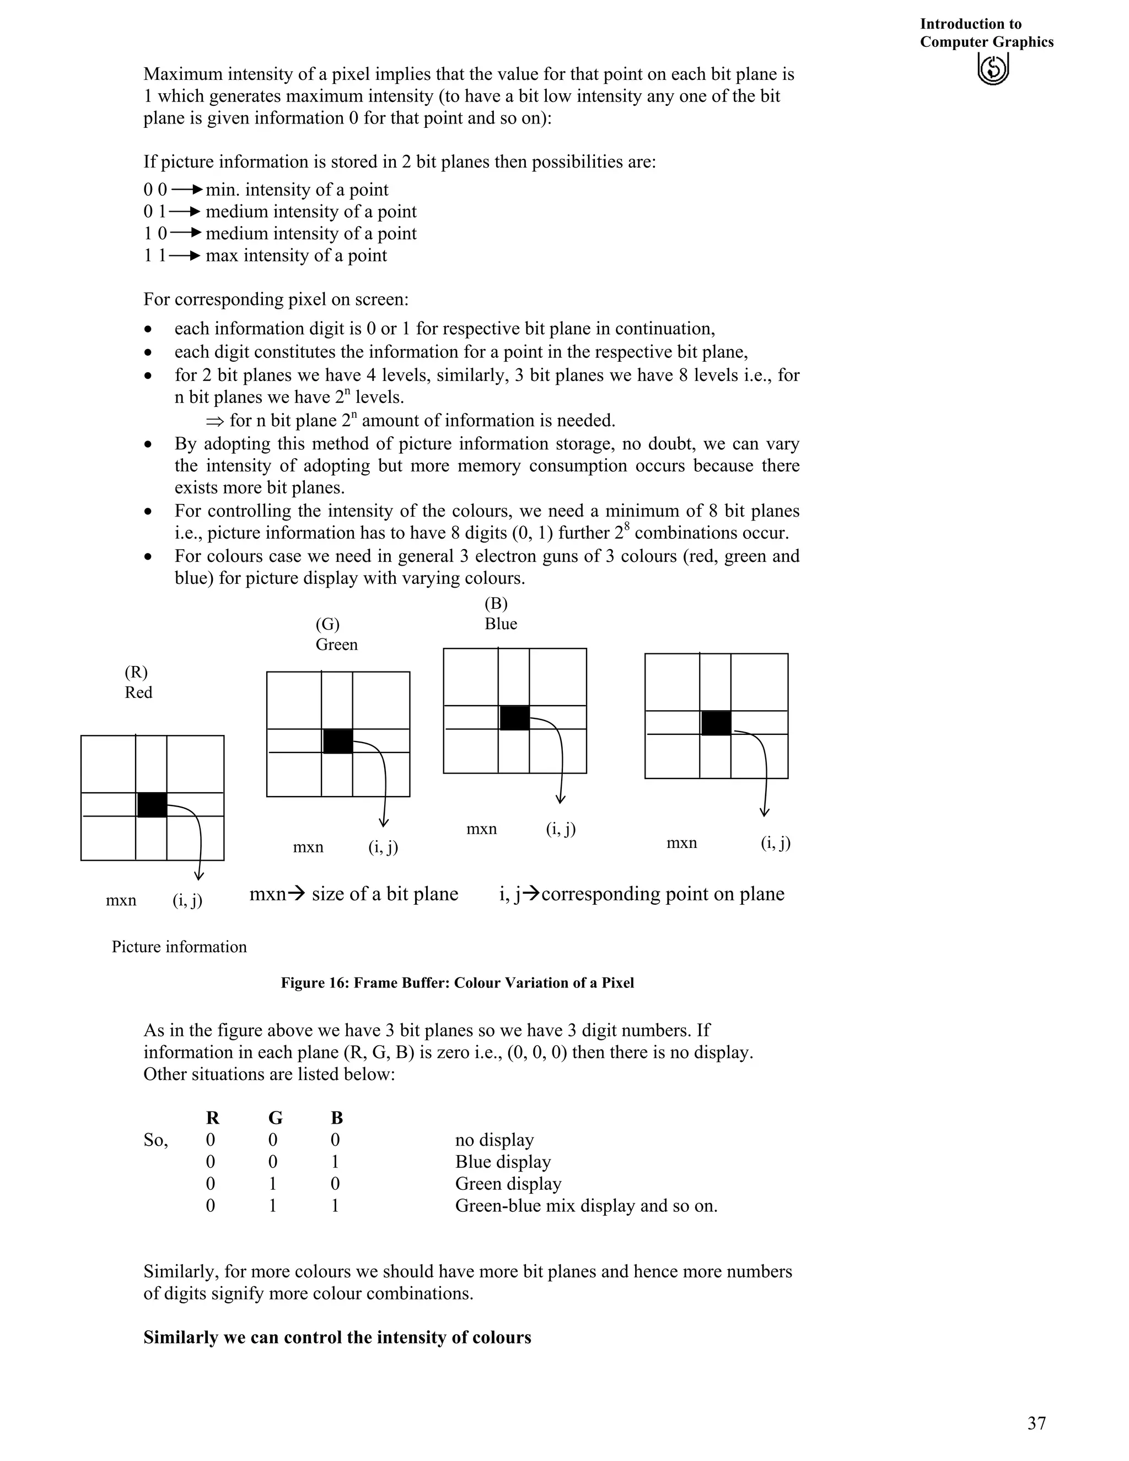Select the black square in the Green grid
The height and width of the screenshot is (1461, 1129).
pos(338,741)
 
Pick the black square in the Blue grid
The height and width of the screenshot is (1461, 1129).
pos(514,718)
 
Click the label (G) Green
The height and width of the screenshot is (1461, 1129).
pos(336,634)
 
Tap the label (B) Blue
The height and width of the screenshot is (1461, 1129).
pos(501,614)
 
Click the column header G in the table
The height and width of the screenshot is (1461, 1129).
pos(275,1118)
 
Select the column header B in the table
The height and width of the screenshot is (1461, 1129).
pos(336,1118)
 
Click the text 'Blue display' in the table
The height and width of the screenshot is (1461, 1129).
pos(502,1162)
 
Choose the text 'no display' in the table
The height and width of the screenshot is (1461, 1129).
pos(494,1140)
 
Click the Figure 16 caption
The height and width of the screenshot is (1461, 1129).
pos(457,982)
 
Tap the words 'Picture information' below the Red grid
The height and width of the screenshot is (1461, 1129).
pos(179,947)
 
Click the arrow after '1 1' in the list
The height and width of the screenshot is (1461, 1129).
pos(185,256)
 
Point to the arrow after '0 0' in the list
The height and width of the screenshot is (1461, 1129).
pos(187,190)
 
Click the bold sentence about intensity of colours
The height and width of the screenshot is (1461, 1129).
pos(337,1338)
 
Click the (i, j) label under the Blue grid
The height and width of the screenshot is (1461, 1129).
pos(561,830)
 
